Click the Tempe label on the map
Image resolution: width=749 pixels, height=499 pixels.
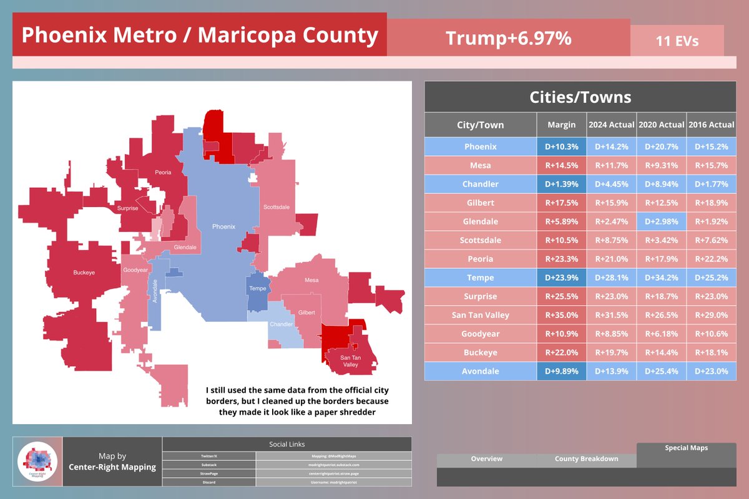[x=257, y=288]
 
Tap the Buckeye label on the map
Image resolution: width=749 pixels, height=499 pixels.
[x=84, y=273]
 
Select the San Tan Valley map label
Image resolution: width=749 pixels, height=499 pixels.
[x=350, y=361]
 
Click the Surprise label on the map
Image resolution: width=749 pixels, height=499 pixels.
[x=128, y=208]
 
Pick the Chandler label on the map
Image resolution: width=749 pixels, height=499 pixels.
[x=281, y=324]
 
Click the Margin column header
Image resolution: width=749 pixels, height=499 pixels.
[x=561, y=125]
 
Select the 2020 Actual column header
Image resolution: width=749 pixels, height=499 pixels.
[x=662, y=125]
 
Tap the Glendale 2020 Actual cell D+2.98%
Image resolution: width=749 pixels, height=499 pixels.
[x=662, y=221]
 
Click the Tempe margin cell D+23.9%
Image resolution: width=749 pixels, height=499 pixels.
[x=561, y=278]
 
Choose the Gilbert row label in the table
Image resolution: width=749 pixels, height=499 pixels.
[x=481, y=203]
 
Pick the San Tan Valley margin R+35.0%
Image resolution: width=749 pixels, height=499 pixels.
[x=561, y=315]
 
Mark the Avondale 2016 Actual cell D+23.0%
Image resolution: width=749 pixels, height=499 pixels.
[x=712, y=371]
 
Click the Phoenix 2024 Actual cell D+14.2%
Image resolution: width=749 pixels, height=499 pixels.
[x=612, y=147]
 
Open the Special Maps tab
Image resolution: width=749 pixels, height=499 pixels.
[x=686, y=448]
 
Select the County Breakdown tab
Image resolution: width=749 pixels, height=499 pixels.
[x=586, y=459]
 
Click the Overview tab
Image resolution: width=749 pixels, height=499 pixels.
[x=486, y=459]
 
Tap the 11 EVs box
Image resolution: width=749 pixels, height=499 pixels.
[x=677, y=41]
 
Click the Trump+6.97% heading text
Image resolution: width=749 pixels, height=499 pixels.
[x=508, y=39]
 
